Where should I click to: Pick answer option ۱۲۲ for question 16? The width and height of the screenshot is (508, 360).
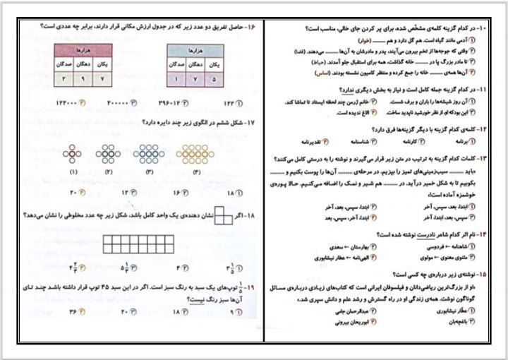point(235,103)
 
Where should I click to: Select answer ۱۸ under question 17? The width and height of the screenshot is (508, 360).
point(232,192)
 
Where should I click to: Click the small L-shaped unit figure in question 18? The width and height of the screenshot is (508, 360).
point(223,215)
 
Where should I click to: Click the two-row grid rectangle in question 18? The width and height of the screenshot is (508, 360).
point(138,244)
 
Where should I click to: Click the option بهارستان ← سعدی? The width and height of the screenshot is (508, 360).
point(352,248)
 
